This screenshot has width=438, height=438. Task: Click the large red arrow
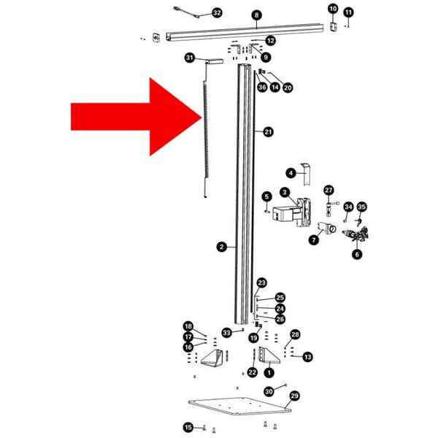(x=131, y=117)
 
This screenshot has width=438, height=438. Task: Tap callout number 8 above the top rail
(x=256, y=15)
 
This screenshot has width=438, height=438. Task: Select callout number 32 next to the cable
(x=217, y=12)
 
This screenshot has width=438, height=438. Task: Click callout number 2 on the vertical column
(x=222, y=247)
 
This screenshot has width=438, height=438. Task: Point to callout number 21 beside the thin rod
(x=268, y=131)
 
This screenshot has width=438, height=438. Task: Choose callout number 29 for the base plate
(x=294, y=396)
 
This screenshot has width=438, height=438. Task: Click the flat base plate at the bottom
(x=239, y=406)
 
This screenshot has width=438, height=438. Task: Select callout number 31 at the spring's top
(x=190, y=58)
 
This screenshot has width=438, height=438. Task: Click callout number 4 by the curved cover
(x=291, y=173)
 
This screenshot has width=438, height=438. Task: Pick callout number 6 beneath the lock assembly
(x=357, y=254)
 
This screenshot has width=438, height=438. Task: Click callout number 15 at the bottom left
(x=188, y=427)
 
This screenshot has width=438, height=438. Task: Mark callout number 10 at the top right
(x=333, y=9)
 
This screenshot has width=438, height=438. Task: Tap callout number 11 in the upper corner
(x=348, y=12)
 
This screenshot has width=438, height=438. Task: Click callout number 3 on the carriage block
(x=285, y=192)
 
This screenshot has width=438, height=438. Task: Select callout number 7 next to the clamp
(x=314, y=239)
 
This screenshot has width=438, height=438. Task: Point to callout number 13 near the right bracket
(x=307, y=357)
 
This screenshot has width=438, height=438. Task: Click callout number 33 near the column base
(x=227, y=333)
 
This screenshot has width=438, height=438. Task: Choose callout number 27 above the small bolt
(x=328, y=191)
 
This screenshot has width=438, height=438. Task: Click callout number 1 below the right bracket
(x=269, y=372)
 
